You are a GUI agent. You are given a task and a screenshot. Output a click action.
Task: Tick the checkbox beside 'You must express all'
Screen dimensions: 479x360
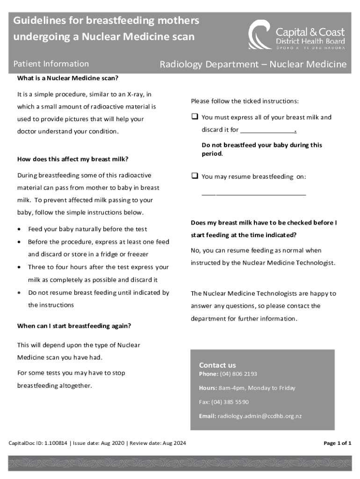click(194, 117)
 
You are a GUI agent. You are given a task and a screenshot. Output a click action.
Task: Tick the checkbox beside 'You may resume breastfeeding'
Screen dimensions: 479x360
click(194, 176)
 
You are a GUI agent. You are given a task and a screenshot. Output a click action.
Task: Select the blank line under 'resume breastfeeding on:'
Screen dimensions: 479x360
click(254, 194)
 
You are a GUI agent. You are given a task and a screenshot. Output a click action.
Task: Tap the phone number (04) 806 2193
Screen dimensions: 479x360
click(238, 374)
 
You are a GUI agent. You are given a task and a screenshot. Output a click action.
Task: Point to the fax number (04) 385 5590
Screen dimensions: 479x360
click(230, 402)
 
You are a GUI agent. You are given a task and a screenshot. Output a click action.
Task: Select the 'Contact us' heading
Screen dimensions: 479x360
click(217, 365)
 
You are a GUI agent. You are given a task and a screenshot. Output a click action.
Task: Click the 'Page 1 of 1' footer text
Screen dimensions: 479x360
click(338, 443)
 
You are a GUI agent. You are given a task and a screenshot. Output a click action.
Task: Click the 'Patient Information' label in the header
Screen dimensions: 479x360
click(51, 64)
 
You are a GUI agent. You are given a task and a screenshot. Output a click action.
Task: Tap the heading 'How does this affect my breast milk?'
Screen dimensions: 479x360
click(73, 159)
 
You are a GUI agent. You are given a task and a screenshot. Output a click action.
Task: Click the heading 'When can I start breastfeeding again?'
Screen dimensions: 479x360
click(74, 326)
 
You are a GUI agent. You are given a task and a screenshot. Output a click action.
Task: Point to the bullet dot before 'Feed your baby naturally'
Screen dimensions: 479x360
click(18, 229)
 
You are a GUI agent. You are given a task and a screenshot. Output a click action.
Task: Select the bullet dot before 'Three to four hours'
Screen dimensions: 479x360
click(18, 268)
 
